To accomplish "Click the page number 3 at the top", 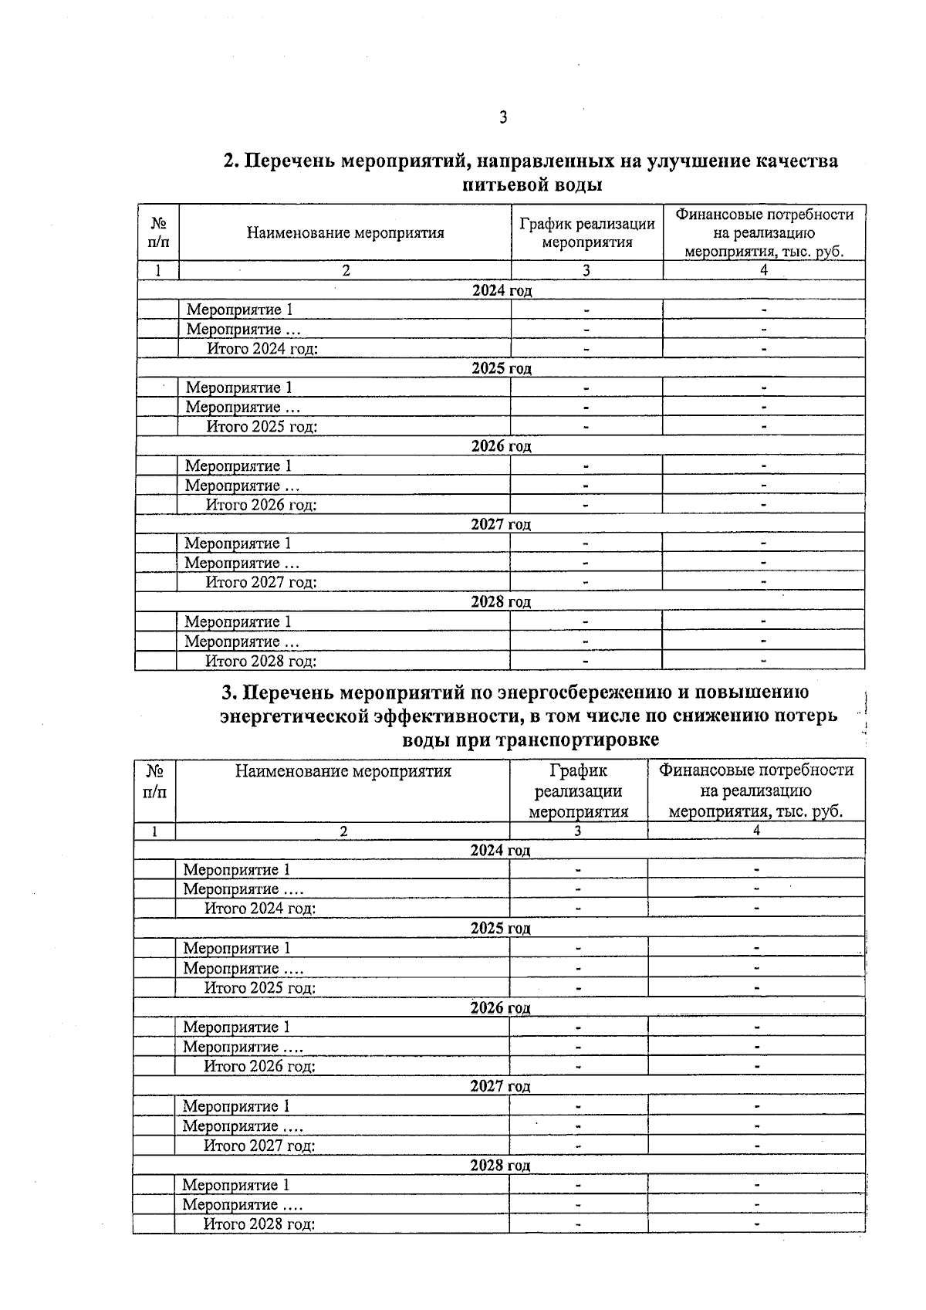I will [x=503, y=118].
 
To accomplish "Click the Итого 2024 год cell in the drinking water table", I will [x=262, y=348].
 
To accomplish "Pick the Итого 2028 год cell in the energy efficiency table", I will [x=259, y=1224].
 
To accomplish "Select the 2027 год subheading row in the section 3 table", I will [x=500, y=1086].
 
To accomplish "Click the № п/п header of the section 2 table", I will [x=158, y=232].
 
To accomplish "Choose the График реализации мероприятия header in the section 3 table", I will [x=578, y=790].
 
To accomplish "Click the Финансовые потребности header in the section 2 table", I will [x=763, y=232].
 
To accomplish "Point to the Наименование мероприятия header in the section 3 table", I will [x=343, y=770].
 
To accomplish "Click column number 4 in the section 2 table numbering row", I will [x=763, y=270].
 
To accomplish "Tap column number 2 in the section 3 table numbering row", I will [x=343, y=831].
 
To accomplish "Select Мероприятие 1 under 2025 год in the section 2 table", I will [x=239, y=388].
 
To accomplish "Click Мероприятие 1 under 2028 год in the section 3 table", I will [x=236, y=1184].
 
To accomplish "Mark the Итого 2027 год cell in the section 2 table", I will [x=261, y=582].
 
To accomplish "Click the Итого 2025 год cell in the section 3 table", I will [x=259, y=987].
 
